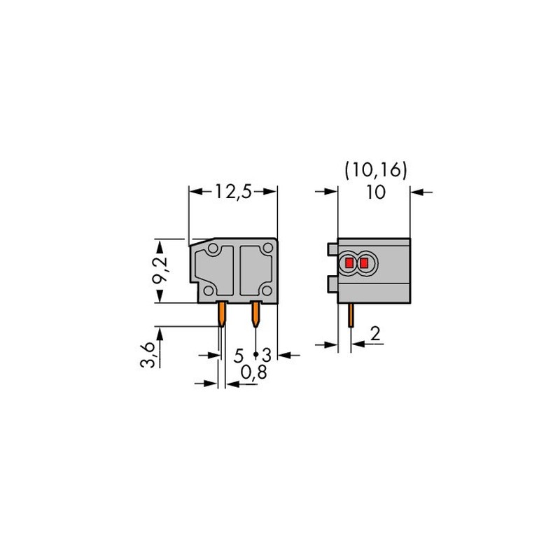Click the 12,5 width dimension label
pos(233,192)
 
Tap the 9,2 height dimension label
pos(160,269)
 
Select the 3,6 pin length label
pos(147,355)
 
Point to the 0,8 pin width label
pos(253,372)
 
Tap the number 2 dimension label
pos(375,334)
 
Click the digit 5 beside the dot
pos(239,356)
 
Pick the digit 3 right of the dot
pos(267,356)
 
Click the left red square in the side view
pos(349,263)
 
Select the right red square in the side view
pos(363,263)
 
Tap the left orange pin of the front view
pos(222,314)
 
